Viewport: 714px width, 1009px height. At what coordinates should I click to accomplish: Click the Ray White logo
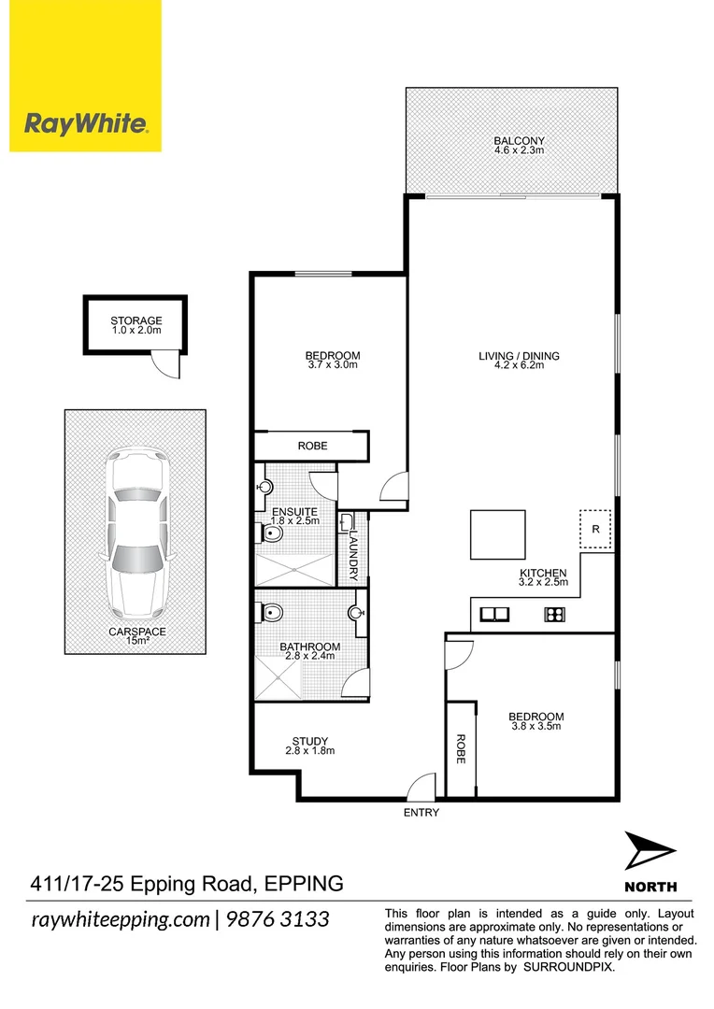coord(85,122)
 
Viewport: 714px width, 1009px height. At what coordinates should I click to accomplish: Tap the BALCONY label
coord(519,141)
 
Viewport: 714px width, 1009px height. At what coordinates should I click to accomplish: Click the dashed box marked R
coord(595,530)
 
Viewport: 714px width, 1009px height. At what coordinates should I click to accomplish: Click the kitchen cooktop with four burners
coord(553,614)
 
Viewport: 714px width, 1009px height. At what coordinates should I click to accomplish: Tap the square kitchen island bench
coord(497,533)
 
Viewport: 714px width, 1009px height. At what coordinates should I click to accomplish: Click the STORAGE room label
coord(136,320)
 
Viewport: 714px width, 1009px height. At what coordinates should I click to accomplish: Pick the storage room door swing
coord(167,365)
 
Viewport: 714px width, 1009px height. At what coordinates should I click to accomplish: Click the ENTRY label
coord(421,813)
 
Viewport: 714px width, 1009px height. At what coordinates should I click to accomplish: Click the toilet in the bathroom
coord(272,614)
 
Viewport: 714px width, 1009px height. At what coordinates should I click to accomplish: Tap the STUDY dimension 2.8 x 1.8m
coord(309,750)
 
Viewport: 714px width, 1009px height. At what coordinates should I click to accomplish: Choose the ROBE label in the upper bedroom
coord(312,446)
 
